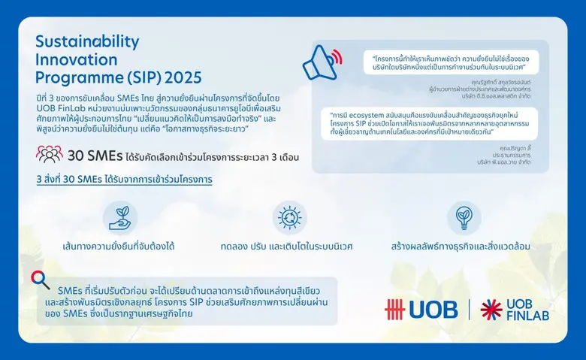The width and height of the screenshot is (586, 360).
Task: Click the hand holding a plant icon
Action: [119, 216]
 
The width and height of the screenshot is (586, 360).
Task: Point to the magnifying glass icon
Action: [41, 280]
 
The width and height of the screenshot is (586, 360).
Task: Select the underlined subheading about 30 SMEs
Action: [124, 180]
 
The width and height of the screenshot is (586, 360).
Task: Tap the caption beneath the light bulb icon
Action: [461, 246]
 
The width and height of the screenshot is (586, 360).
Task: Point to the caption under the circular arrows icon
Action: [287, 246]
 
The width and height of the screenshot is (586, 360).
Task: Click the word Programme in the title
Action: [71, 77]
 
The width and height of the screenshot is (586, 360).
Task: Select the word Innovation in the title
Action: [76, 59]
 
